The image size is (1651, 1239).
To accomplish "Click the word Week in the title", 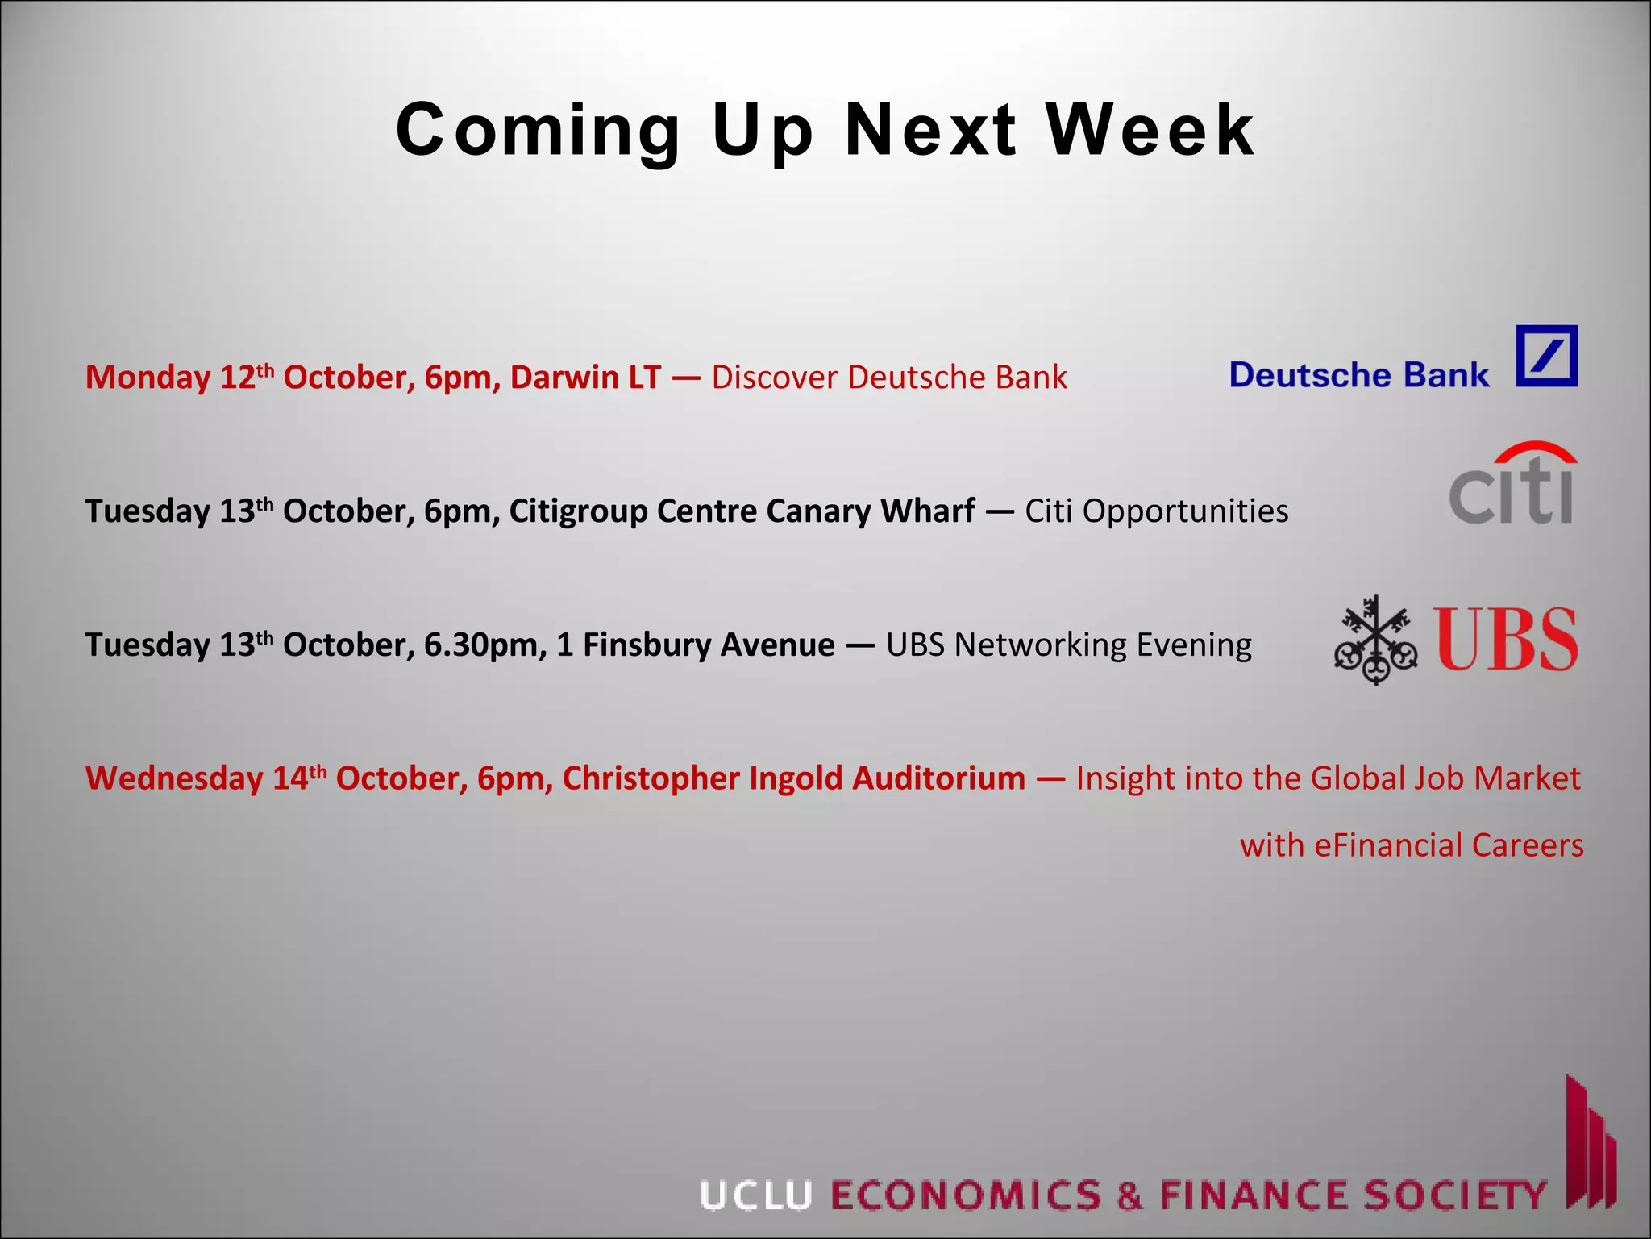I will point(1150,130).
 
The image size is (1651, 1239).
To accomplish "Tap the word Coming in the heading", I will point(539,131).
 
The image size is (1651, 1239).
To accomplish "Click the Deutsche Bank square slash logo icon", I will point(1546,357).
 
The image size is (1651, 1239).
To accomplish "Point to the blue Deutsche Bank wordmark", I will point(1359,375).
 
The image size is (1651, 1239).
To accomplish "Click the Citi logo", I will point(1512,483).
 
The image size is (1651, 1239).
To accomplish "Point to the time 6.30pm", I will point(485,645).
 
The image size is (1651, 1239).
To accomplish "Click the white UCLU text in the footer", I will point(755,1195).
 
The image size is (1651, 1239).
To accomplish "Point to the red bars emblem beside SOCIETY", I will point(1591,1145).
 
